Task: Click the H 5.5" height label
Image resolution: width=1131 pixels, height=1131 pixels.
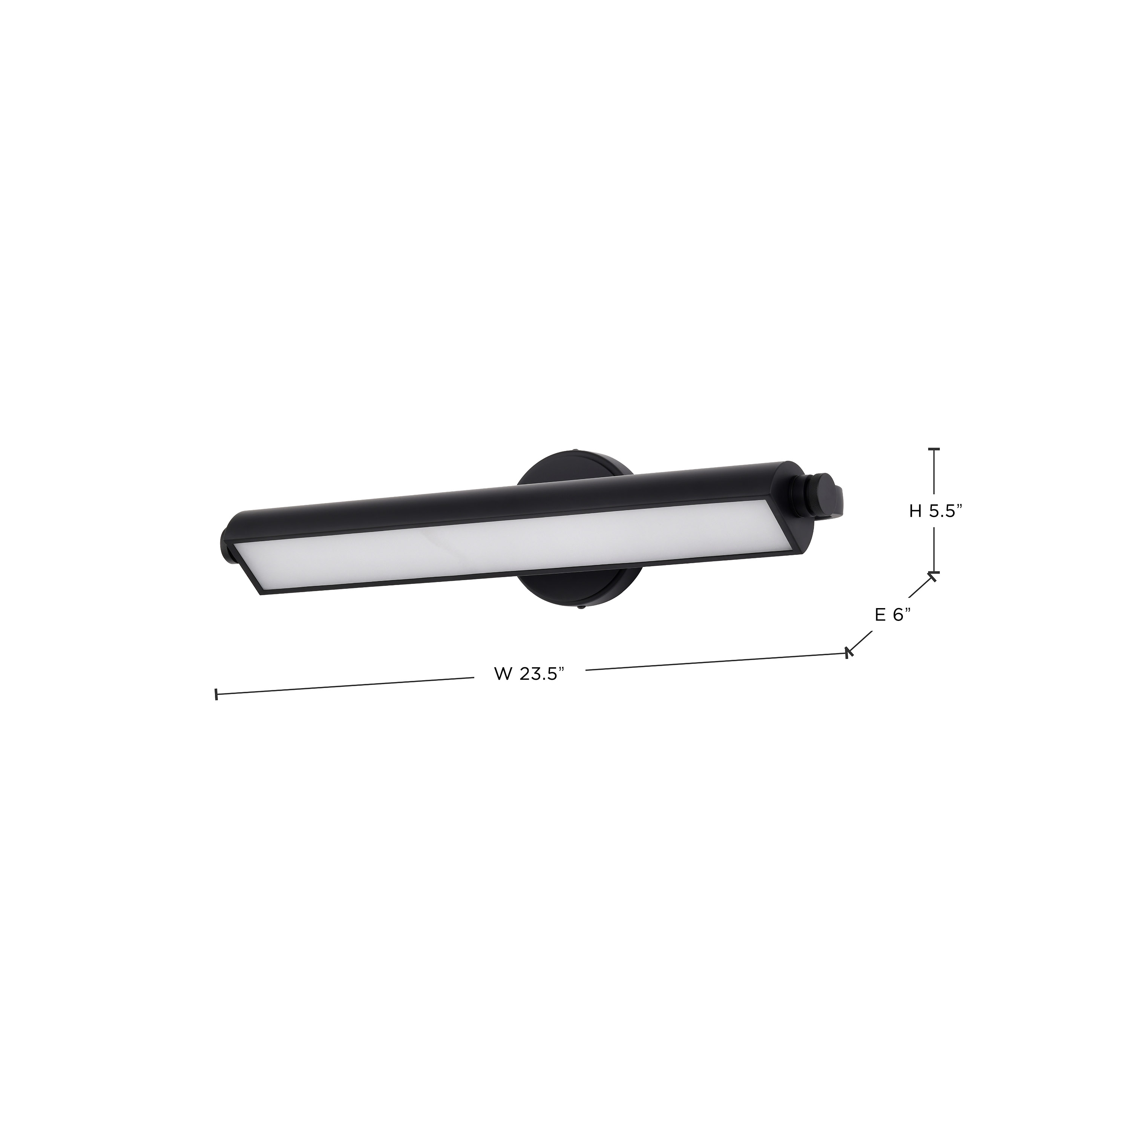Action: coord(935,512)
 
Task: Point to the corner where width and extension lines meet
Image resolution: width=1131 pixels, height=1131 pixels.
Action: coord(847,652)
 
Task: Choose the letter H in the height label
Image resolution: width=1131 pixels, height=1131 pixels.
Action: coord(916,512)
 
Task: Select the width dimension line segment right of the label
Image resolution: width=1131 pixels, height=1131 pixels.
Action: coord(714,661)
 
